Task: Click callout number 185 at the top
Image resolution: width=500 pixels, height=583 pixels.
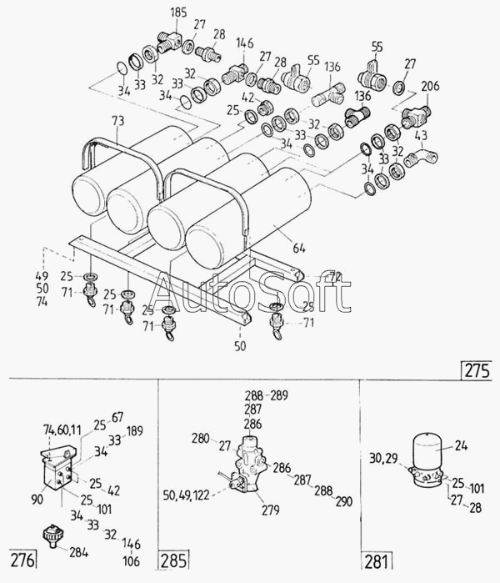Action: click(x=178, y=13)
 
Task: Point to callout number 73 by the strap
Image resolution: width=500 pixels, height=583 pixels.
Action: click(x=117, y=123)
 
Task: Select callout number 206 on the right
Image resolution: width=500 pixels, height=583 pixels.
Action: click(x=430, y=87)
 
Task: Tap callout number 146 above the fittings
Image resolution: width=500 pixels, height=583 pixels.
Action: click(x=244, y=43)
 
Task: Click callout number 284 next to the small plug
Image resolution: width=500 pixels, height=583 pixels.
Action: click(x=78, y=551)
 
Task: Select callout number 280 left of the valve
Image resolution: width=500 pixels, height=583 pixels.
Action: click(x=200, y=437)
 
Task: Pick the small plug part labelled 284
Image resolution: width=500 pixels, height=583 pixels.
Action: click(x=52, y=534)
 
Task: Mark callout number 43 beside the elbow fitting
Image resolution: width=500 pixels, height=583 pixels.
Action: click(x=421, y=135)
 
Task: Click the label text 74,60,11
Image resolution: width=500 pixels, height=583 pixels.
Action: click(x=62, y=430)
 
